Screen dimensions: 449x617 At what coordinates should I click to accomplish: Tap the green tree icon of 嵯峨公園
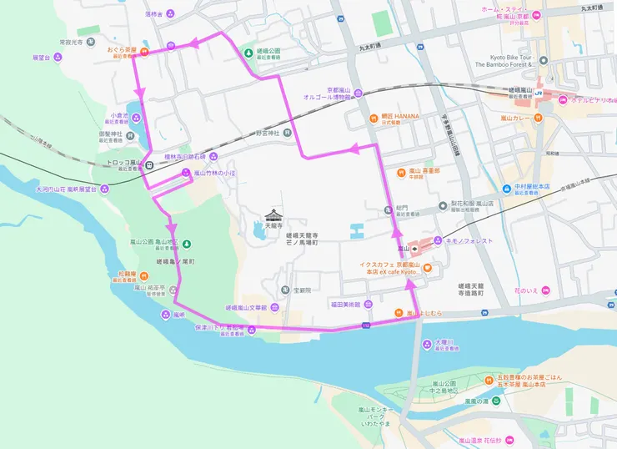point(248,53)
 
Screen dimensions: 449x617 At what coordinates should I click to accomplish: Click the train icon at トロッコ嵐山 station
point(148,164)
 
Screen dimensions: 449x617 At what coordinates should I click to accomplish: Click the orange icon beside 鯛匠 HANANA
point(374,117)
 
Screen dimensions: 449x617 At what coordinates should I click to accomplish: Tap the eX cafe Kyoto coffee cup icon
point(428,268)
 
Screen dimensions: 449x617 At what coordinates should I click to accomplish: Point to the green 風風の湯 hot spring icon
point(496,402)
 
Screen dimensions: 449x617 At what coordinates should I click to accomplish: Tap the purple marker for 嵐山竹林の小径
point(186,173)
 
